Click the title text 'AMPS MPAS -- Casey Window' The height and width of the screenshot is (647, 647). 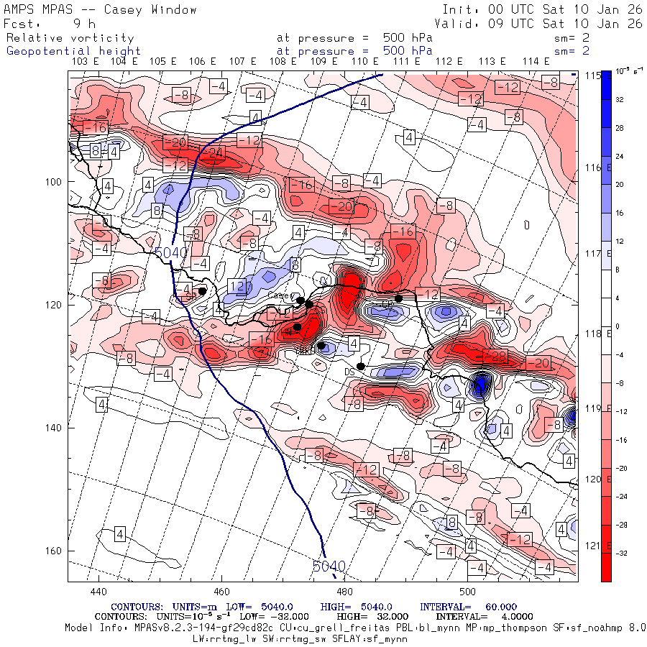tap(100, 9)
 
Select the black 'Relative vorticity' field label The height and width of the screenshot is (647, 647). tap(70, 37)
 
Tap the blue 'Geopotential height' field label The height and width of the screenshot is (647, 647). tap(73, 51)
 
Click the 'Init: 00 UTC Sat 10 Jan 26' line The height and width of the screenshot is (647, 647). tap(542, 9)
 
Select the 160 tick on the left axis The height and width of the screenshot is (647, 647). tap(55, 551)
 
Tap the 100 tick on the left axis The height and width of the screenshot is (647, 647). tap(55, 181)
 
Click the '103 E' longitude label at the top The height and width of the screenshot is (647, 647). tap(86, 62)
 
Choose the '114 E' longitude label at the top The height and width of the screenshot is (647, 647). tap(536, 62)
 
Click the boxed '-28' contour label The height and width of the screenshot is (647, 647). tap(495, 357)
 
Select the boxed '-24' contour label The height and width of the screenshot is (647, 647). tap(215, 152)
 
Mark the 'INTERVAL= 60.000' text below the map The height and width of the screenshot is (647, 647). tap(454, 607)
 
